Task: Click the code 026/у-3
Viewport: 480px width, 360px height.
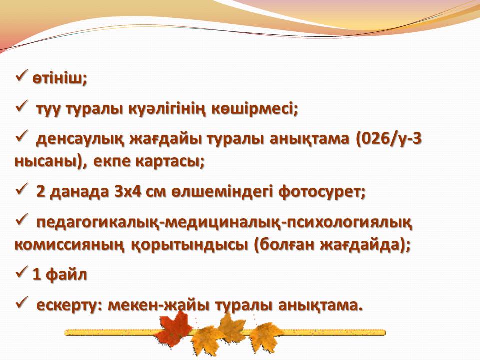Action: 391,139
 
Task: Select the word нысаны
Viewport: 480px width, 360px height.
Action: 48,161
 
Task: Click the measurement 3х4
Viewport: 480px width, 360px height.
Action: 128,191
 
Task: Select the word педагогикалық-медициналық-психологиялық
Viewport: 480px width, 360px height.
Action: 224,223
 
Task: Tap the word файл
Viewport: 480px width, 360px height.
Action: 66,274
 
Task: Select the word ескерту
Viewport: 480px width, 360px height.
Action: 67,305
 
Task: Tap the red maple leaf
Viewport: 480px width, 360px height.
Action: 175,329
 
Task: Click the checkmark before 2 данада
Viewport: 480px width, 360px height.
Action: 22,188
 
